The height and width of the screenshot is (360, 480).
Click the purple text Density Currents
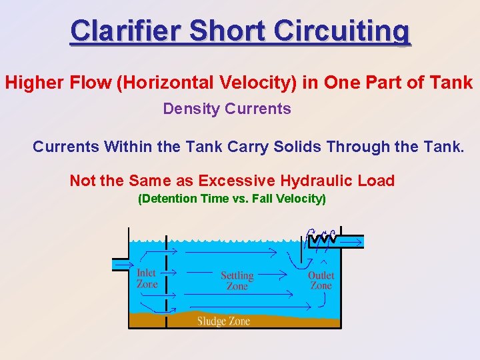(x=227, y=109)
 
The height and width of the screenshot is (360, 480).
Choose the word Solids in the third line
(x=297, y=146)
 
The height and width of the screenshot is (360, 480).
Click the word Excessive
(x=237, y=181)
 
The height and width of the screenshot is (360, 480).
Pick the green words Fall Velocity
(x=287, y=199)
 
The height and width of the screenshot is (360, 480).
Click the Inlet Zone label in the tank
(x=147, y=279)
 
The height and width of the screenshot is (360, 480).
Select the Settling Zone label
(x=237, y=281)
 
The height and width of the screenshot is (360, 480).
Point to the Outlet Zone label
(x=321, y=281)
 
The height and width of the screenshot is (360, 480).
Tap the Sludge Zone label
(x=223, y=321)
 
